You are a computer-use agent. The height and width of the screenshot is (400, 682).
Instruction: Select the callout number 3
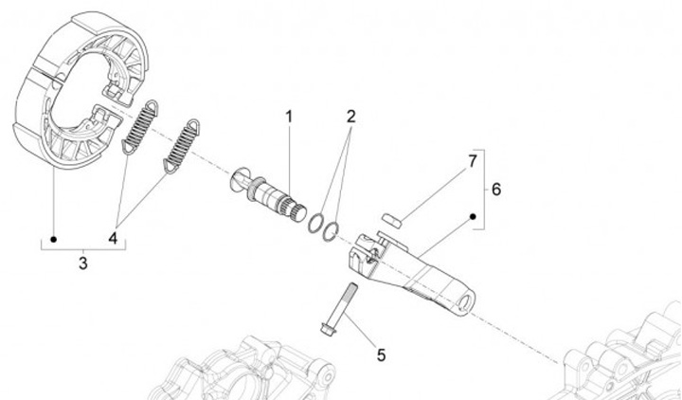(82, 263)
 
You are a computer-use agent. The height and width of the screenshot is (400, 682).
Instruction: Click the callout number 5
(381, 355)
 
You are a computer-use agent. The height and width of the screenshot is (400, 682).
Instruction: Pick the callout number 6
(495, 189)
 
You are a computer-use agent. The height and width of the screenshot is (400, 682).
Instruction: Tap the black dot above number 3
(54, 237)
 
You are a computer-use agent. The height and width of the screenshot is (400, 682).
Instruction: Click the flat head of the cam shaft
(239, 178)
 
